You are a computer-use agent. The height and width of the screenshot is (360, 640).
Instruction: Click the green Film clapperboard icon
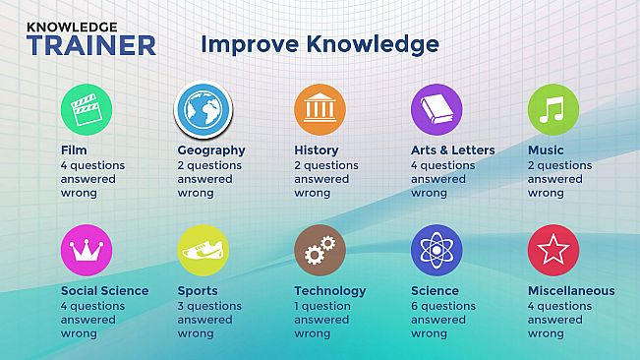[87, 109]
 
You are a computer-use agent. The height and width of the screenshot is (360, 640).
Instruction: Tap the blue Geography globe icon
[204, 109]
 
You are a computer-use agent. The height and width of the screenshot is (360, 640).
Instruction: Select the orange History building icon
[320, 109]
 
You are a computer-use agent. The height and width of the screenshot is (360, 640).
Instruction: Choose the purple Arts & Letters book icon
[436, 109]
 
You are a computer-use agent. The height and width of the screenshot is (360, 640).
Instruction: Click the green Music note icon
[553, 109]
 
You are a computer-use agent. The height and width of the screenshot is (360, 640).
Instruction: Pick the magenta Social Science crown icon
[87, 251]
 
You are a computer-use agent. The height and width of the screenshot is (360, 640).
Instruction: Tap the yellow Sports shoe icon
[204, 251]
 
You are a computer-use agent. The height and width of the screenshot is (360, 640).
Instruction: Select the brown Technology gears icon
[320, 251]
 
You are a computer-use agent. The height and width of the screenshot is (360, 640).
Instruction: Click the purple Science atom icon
[436, 251]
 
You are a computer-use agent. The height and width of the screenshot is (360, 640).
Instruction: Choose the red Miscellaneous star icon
[553, 251]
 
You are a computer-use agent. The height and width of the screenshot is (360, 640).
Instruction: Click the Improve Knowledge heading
[320, 44]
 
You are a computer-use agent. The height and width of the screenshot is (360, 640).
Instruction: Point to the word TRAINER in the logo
[91, 45]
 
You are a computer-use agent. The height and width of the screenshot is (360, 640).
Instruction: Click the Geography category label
[211, 150]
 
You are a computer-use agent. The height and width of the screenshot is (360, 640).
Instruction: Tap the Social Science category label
[104, 291]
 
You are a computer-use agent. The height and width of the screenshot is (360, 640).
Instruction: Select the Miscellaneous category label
[571, 291]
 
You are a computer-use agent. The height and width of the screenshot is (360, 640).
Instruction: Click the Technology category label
[329, 291]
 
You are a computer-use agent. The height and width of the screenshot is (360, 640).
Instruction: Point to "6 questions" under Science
[443, 306]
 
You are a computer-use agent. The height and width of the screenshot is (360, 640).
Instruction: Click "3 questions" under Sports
[209, 306]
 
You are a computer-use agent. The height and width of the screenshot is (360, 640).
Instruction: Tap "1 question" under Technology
[323, 306]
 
